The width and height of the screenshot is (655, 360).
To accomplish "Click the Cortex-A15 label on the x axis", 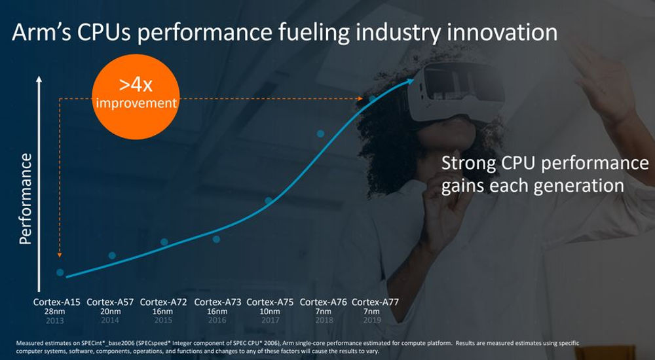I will [57, 302].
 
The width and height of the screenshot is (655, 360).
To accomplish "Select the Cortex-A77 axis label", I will [375, 302].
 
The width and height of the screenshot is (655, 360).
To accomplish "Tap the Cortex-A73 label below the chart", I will [217, 302].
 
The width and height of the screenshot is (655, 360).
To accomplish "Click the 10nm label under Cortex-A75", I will [270, 312].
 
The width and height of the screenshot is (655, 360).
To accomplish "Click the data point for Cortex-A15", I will [60, 272].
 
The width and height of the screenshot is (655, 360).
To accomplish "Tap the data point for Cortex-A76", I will [321, 134].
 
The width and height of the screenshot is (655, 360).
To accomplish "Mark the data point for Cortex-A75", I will [269, 201].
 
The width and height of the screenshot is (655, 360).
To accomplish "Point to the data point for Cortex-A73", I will [216, 239].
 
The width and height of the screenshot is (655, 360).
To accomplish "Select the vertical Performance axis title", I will [26, 199].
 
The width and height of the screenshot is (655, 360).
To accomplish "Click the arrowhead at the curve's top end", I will [410, 81].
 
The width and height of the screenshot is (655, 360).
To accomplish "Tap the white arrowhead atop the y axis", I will [39, 80].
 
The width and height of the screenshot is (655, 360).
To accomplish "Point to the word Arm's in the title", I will [39, 33].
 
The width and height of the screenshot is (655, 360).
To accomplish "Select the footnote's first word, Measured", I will [30, 343].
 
